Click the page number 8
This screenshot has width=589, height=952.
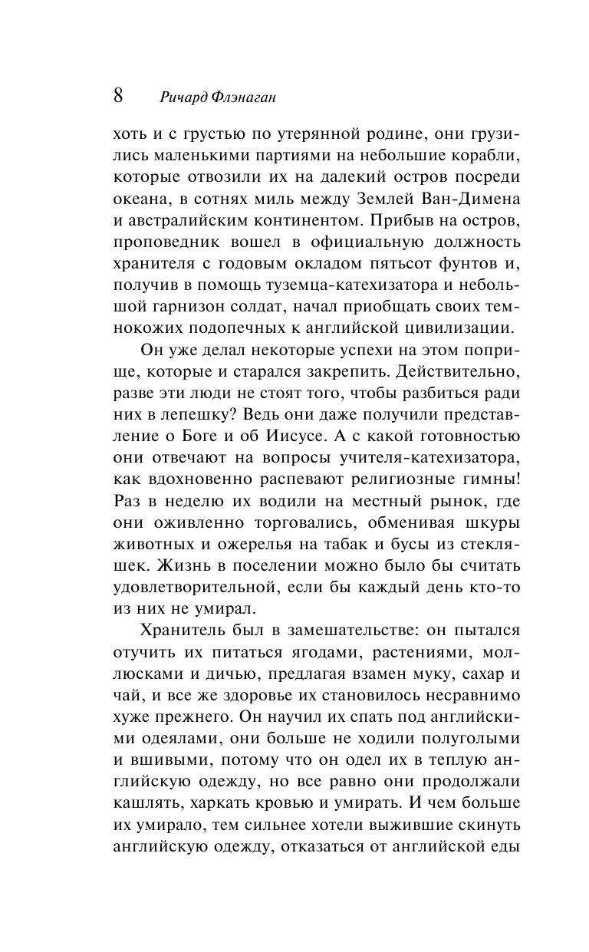click(x=118, y=96)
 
